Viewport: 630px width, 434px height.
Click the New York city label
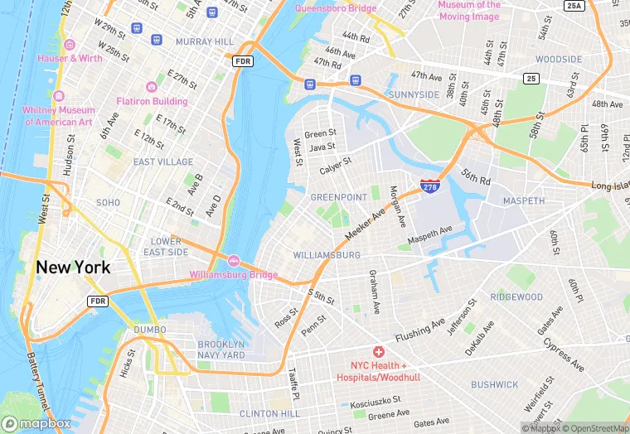(72, 268)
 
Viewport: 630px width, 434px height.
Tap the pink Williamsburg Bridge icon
(233, 261)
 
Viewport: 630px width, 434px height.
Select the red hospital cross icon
(378, 352)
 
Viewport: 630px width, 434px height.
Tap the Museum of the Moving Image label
(469, 10)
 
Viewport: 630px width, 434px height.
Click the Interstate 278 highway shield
(429, 187)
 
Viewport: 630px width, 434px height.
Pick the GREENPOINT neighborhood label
(337, 198)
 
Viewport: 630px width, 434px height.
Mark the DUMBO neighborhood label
(150, 330)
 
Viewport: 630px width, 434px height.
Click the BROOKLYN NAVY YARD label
(221, 350)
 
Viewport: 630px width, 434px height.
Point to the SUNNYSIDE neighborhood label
(414, 95)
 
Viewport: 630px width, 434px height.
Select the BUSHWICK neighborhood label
(494, 384)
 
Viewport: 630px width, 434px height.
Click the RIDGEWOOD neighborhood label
(516, 297)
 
